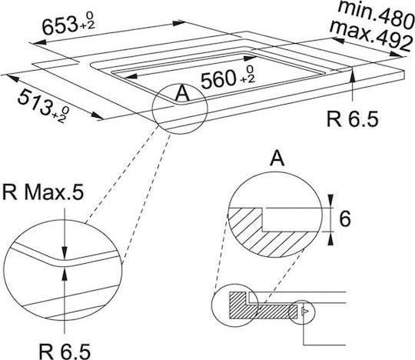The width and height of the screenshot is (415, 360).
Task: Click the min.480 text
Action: pyautogui.click(x=376, y=14)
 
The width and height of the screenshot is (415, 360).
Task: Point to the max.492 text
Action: pyautogui.click(x=371, y=35)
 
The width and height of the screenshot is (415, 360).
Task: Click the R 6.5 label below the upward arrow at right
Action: pyautogui.click(x=353, y=119)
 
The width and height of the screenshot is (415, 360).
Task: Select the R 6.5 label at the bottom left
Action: pyautogui.click(x=65, y=352)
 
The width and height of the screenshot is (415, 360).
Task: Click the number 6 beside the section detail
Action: pyautogui.click(x=345, y=219)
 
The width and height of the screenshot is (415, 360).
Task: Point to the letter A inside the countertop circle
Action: pyautogui.click(x=182, y=94)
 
